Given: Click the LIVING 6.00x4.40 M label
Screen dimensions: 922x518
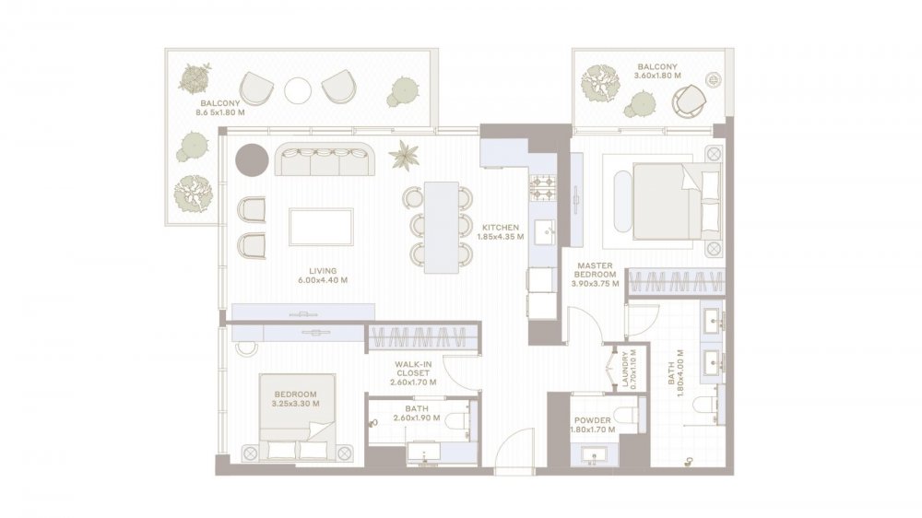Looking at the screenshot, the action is pos(323,276).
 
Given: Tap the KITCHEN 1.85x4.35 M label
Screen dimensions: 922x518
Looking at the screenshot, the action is pos(501,231).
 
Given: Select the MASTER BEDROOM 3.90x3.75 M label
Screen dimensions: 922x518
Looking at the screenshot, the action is pos(595,275).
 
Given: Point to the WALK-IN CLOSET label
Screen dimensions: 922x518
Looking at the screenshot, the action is pos(413,369).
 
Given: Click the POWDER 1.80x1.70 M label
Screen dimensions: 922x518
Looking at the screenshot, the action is pos(593,425).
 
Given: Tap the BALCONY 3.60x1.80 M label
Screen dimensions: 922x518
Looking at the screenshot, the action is pos(657,71).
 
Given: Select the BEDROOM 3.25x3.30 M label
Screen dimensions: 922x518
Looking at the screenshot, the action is pos(295,399).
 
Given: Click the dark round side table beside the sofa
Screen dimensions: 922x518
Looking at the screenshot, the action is pos(253,159).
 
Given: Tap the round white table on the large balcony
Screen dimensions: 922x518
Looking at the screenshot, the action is pos(298,91).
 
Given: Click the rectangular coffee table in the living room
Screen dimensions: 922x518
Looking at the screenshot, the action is pos(321,227).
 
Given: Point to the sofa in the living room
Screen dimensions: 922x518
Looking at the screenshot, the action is pos(325,159).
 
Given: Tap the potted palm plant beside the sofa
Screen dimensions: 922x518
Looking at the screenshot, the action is pos(404,155).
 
